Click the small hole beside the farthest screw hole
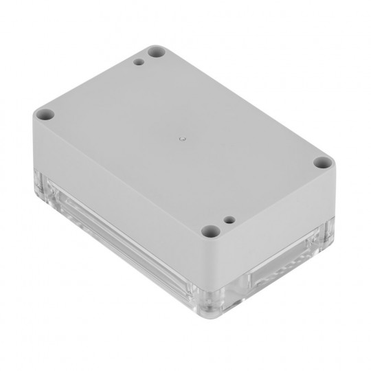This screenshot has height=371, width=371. (x=139, y=63)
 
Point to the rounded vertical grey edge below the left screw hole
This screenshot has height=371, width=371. (x=36, y=144)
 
